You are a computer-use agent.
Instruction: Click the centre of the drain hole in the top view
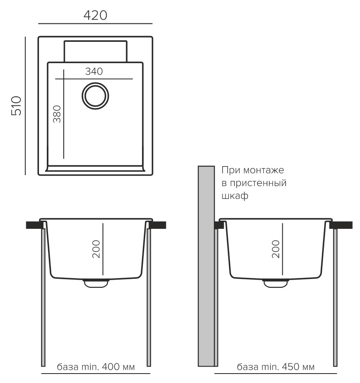95,96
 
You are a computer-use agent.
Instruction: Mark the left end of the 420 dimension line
39,24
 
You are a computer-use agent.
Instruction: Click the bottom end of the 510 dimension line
25,175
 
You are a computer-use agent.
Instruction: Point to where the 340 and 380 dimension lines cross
64,79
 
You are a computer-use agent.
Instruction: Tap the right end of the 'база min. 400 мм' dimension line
150,374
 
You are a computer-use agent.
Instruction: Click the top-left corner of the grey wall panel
198,166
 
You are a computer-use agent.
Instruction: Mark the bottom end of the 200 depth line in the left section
103,275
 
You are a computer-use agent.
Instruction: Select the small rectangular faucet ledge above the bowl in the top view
95,51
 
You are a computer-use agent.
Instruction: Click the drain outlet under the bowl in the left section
96,283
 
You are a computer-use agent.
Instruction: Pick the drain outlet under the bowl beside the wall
275,283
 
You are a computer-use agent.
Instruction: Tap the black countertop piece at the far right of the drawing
342,225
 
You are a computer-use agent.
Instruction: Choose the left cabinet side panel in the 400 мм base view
43,297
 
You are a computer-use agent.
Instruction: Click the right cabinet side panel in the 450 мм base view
335,297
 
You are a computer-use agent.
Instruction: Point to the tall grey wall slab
206,266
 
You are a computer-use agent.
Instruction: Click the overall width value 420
95,15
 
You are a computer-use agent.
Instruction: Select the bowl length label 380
57,114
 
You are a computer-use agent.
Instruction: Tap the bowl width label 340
94,71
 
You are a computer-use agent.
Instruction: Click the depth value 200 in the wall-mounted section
275,249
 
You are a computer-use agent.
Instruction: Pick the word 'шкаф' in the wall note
235,196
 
